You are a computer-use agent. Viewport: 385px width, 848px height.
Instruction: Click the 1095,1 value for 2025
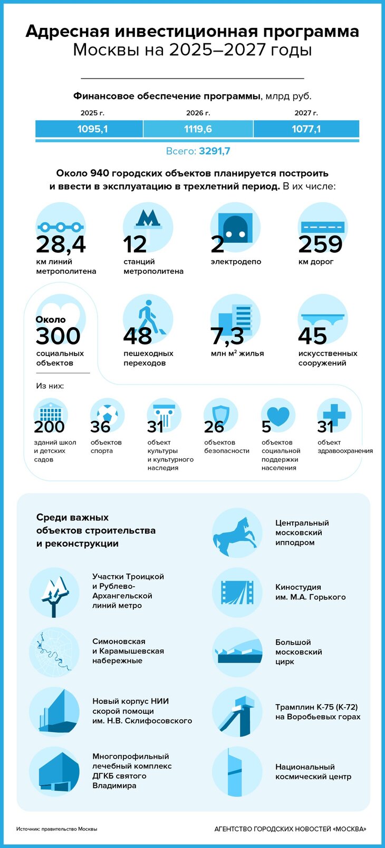pos(92,129)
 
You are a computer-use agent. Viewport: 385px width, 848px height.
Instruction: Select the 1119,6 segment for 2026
pos(198,129)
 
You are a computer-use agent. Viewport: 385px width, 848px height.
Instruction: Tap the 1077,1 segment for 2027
pos(306,129)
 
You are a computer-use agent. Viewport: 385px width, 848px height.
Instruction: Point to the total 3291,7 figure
pos(214,151)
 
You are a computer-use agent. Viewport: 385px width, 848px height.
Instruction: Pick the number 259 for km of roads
pos(320,244)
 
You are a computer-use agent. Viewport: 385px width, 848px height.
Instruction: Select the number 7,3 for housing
pos(227,336)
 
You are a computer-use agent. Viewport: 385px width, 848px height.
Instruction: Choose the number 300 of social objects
pos(58,336)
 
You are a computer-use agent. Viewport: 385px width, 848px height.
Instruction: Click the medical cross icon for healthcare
pos(334,414)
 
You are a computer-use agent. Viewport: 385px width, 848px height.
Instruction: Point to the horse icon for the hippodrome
pos(237,533)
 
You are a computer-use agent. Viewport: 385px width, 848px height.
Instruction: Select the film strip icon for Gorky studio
pos(237,593)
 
